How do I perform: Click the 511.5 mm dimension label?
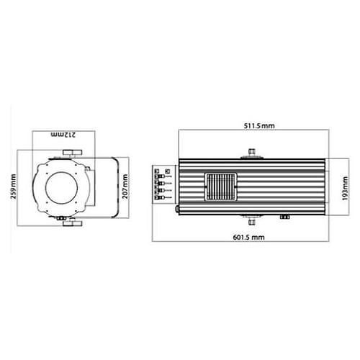click(259, 126)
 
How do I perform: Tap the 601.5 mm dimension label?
click(249, 238)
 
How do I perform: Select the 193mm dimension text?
click(345, 189)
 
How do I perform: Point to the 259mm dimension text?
click(14, 186)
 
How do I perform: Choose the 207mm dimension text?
click(125, 186)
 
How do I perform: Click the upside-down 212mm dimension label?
click(63, 135)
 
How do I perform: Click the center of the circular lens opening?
click(61, 188)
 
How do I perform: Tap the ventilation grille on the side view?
click(221, 186)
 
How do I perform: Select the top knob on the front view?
click(72, 153)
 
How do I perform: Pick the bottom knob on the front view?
click(72, 223)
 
